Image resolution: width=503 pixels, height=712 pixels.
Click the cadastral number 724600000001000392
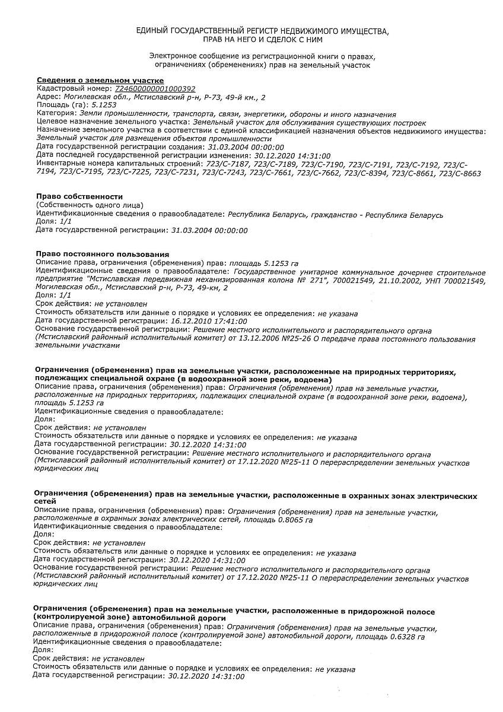pyautogui.click(x=159, y=88)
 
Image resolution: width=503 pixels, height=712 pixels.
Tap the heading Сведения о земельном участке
pyautogui.click(x=100, y=80)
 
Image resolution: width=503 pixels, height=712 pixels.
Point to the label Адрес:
pyautogui.click(x=49, y=97)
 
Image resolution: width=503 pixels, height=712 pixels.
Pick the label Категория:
pyautogui.click(x=56, y=113)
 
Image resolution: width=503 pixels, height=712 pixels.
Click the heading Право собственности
pyautogui.click(x=79, y=196)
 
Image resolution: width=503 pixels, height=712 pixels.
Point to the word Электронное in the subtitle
pyautogui.click(x=175, y=56)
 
